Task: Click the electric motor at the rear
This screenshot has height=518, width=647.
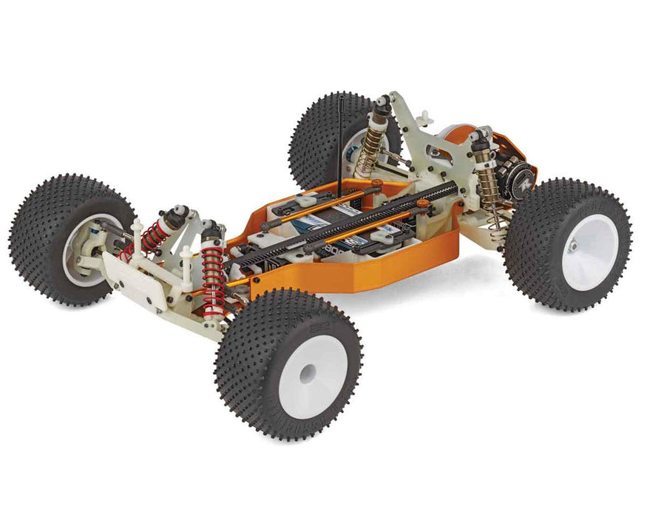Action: pyautogui.click(x=508, y=175)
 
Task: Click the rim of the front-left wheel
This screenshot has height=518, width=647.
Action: pyautogui.click(x=81, y=252)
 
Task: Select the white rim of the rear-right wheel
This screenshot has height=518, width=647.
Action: pyautogui.click(x=592, y=252)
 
